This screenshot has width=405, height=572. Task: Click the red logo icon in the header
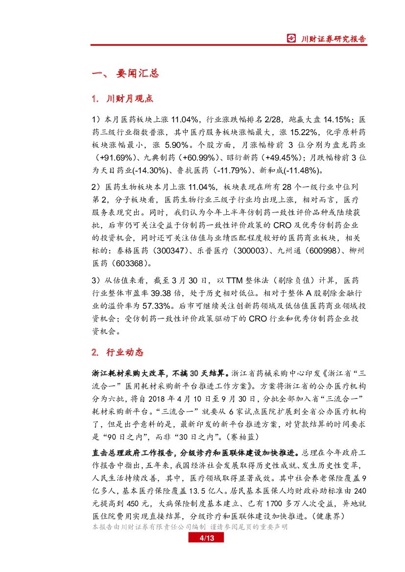coord(291,39)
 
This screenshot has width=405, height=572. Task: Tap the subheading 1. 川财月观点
coord(122,99)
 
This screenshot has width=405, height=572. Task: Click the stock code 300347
coord(169,251)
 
